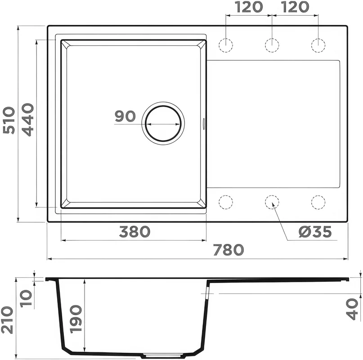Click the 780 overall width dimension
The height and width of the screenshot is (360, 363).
coord(229,250)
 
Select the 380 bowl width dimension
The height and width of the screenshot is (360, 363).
coord(135,232)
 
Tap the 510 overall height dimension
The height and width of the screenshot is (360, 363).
coord(9,120)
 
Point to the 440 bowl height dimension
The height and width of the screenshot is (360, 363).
coord(28,120)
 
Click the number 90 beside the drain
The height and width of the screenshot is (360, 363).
coord(125,116)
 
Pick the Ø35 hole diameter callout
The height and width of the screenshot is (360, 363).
coord(315,232)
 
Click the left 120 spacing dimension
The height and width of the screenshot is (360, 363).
coord(249,7)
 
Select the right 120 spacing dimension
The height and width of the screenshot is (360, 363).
coord(296,7)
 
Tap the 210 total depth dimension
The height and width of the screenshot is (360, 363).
coord(7,320)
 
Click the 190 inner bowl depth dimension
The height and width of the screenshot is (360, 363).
coord(76,319)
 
